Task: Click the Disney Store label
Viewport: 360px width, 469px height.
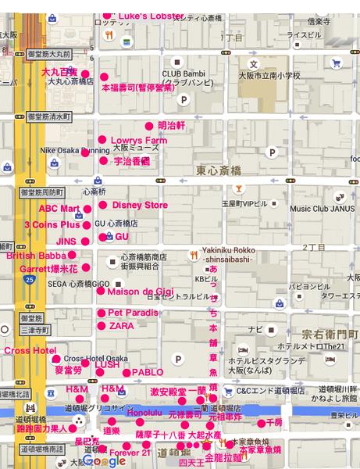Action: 140,205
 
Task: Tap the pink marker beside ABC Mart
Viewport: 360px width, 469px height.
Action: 87,209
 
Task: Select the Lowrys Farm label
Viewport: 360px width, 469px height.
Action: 139,141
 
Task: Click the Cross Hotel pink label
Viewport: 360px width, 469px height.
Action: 30,351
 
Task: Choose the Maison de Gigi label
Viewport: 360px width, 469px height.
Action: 141,292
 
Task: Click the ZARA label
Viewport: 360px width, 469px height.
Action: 121,326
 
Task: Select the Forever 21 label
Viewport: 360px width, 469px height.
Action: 130,453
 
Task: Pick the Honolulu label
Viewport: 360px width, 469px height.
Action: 144,412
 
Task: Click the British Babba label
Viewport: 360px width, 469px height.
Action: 36,256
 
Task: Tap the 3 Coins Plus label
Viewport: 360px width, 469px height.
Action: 52,225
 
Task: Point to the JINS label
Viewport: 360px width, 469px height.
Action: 66,242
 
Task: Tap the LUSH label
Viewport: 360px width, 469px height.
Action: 107,364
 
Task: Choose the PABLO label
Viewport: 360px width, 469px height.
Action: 148,373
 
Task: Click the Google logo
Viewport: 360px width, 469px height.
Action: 105,461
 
